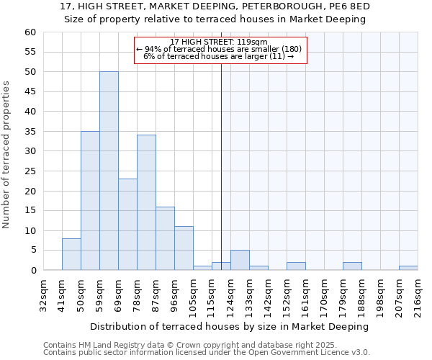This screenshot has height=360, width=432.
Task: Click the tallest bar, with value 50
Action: pyautogui.click(x=109, y=171)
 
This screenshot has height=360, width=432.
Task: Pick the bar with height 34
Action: pyautogui.click(x=146, y=202)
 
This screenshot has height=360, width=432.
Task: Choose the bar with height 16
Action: pyautogui.click(x=165, y=238)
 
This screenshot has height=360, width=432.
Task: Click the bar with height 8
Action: pyautogui.click(x=71, y=254)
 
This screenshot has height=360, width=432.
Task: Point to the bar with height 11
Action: pyautogui.click(x=184, y=248)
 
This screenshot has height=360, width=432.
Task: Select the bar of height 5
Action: pyautogui.click(x=240, y=260)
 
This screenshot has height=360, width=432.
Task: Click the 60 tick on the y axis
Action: pyautogui.click(x=30, y=32)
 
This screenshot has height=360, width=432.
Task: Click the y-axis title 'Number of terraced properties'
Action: pyautogui.click(x=6, y=155)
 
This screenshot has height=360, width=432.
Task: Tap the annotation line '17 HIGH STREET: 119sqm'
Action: pyautogui.click(x=220, y=42)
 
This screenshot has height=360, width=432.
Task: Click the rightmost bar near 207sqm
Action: pyautogui.click(x=408, y=268)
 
